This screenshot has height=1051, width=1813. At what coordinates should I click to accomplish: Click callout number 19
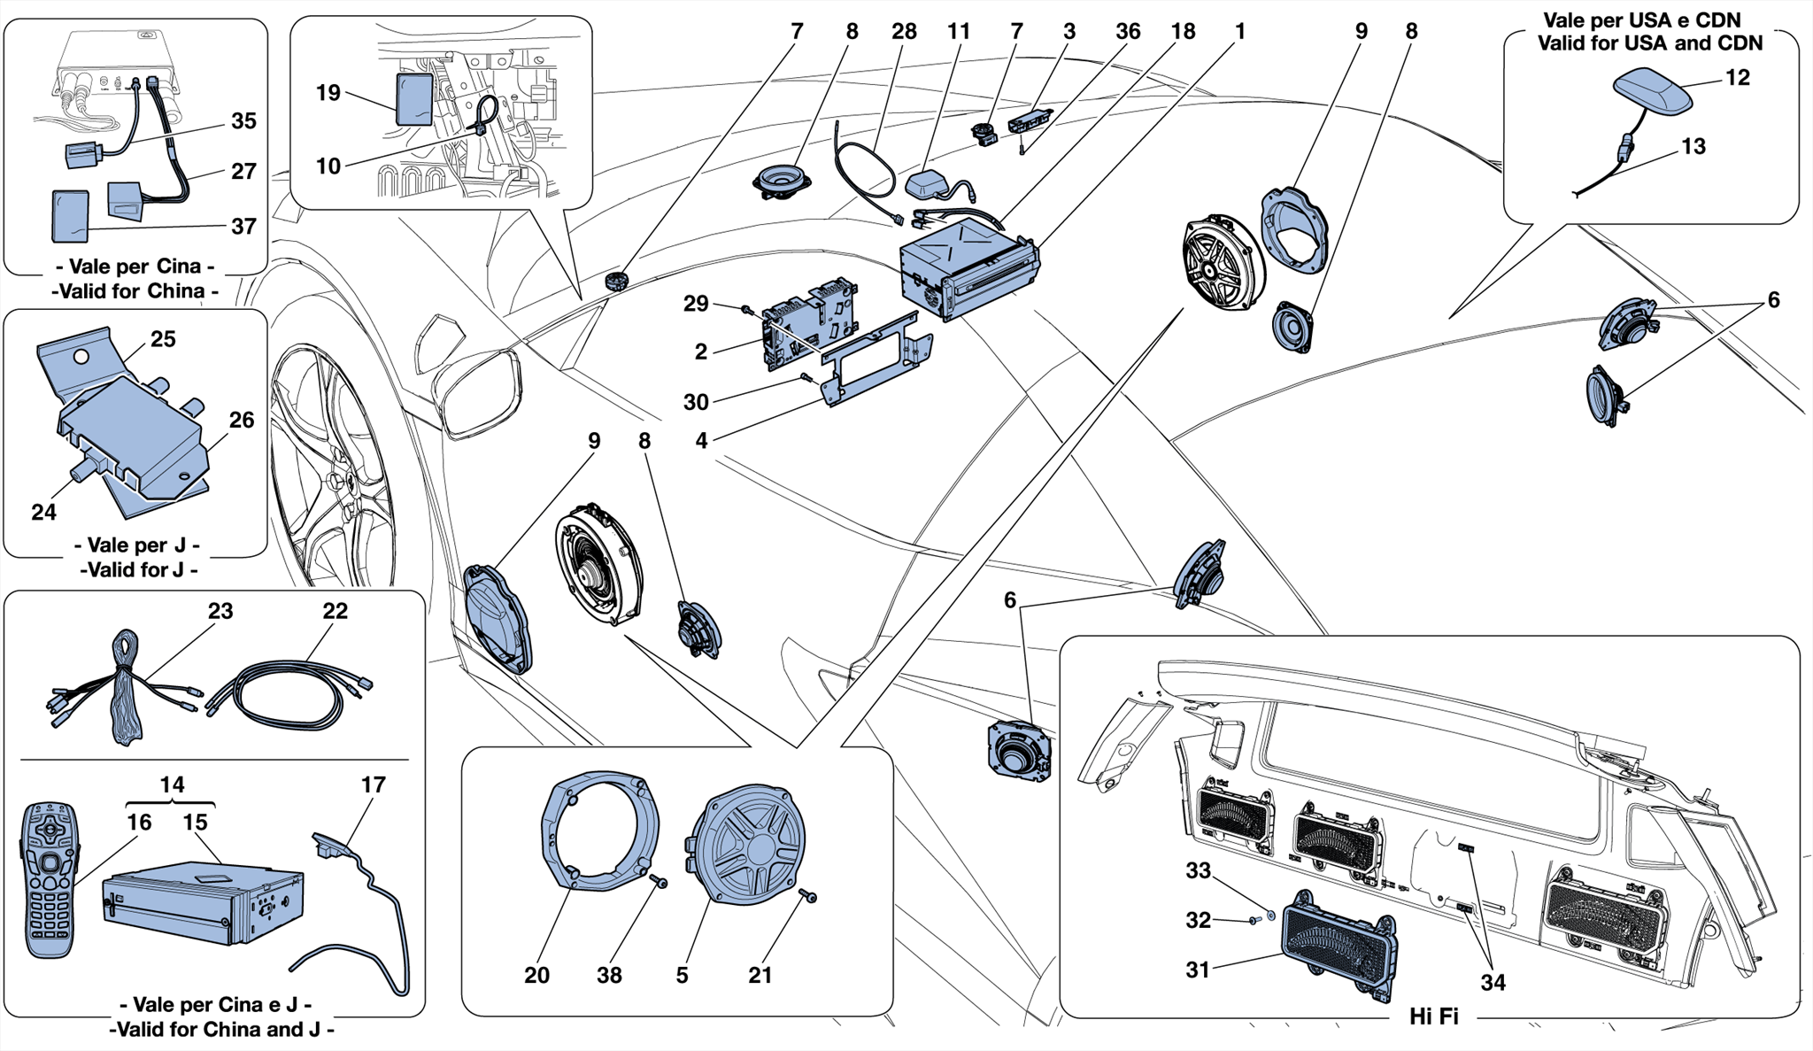pos(328,93)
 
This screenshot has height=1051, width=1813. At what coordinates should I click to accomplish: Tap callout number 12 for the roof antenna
pos(1738,78)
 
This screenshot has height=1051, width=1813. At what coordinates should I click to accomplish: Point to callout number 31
pos(1198,970)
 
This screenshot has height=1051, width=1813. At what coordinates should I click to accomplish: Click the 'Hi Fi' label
pos(1433,1016)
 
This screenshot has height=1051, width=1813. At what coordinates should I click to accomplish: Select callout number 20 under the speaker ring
pos(536,975)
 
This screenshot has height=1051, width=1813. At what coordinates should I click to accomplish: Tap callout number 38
pos(609,975)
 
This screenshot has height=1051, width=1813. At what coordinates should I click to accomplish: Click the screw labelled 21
pos(808,896)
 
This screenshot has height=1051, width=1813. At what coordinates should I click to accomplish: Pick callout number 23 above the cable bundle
pos(220,611)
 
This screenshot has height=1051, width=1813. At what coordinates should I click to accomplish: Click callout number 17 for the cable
pos(374,785)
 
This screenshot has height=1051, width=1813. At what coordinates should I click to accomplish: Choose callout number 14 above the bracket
pos(172,784)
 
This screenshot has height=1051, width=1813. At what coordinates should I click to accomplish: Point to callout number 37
pos(243,227)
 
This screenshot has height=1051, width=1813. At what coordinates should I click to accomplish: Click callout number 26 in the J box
pos(242,420)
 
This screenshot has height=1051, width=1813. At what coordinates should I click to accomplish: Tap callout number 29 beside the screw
pos(696,304)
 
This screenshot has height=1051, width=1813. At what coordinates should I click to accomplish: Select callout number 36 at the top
pos(1128,32)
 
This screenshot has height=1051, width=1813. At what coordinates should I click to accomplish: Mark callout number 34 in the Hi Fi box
pos(1493,983)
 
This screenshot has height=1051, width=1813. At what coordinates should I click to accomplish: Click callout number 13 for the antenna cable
pos(1693,146)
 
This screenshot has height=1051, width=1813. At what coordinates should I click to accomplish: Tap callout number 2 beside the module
pos(701,352)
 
